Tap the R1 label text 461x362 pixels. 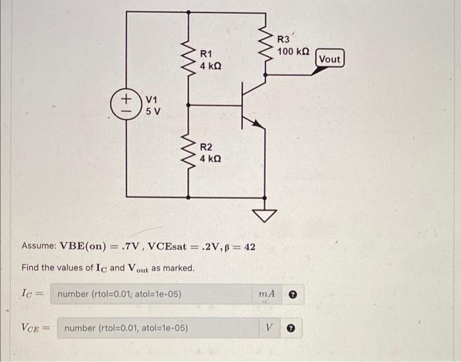[x=206, y=53]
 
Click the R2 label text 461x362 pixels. [x=206, y=147]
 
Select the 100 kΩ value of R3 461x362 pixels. [x=294, y=51]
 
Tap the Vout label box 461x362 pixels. [x=329, y=59]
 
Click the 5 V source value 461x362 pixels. [x=152, y=111]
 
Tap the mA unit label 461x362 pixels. [x=267, y=294]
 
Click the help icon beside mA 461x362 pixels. [x=294, y=294]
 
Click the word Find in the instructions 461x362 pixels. [x=31, y=269]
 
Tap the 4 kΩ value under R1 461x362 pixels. [x=211, y=66]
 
